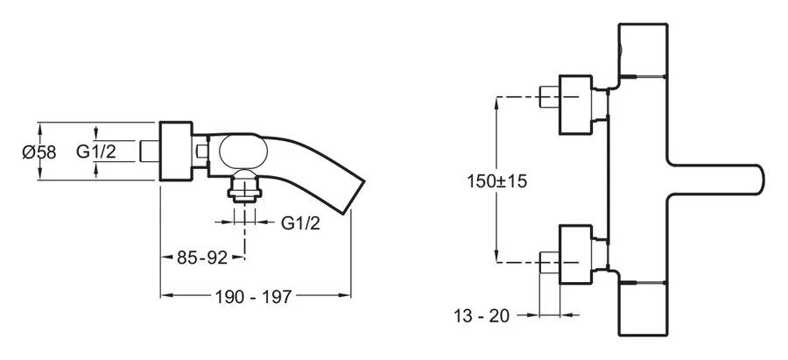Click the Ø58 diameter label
click(37, 152)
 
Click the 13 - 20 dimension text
click(482, 314)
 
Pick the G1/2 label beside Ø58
click(96, 152)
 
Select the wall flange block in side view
click(175, 152)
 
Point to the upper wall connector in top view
click(579, 103)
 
